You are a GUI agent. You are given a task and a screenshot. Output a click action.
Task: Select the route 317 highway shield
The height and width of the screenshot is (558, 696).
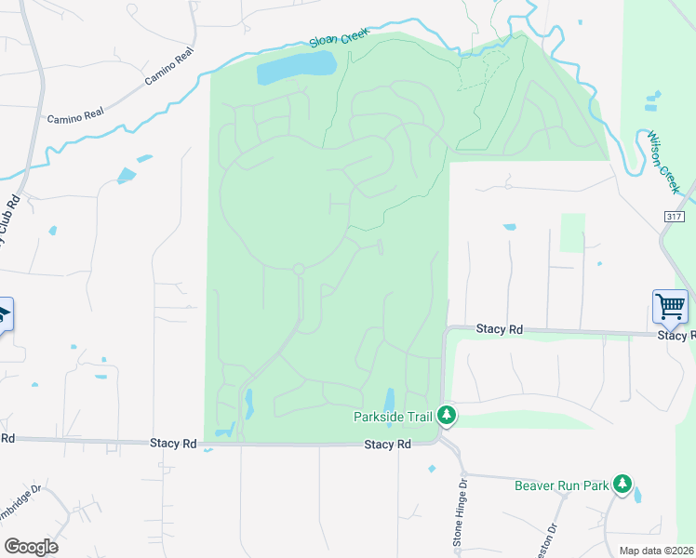click(x=676, y=216)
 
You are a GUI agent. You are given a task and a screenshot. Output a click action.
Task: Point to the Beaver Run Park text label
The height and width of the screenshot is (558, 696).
click(x=561, y=485)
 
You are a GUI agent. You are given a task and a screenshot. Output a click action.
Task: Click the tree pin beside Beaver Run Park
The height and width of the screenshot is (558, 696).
click(x=622, y=484)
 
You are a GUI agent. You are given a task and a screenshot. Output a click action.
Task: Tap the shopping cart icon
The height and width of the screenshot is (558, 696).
click(x=670, y=306)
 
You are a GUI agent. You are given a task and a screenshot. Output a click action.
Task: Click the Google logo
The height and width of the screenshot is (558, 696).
click(x=31, y=547)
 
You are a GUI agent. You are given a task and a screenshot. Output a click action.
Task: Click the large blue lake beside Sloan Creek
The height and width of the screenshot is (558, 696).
click(x=296, y=66)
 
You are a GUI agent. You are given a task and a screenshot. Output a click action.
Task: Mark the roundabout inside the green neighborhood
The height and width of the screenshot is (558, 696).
click(x=299, y=269)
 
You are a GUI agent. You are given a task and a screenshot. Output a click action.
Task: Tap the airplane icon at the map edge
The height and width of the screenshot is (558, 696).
click(x=5, y=313)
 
